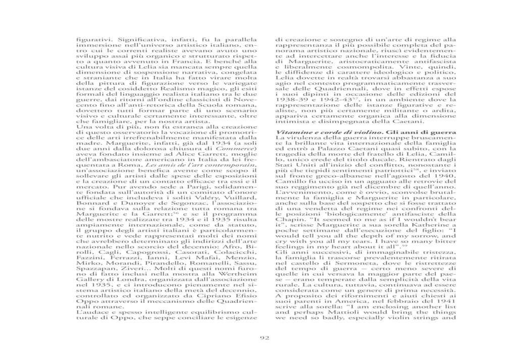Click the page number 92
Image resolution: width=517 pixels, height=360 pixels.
tap(264, 338)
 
